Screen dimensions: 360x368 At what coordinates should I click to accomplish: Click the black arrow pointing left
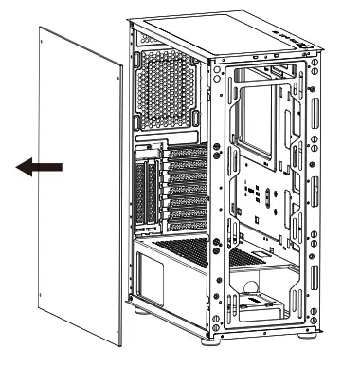point(40,168)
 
